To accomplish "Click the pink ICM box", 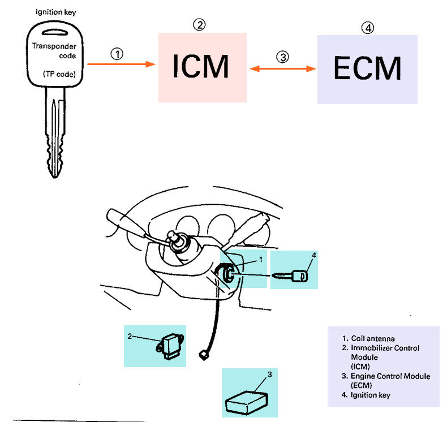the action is point(203,67).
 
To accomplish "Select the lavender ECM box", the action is point(367,70).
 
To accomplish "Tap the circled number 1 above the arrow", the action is point(117,54).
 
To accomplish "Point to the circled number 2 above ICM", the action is point(199,24).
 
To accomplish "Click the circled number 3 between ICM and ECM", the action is point(282,57).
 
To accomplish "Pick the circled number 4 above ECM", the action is point(368,28).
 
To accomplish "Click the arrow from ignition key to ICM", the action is point(122,64).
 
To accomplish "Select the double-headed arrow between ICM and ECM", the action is point(283,68).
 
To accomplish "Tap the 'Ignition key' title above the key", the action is point(56,12).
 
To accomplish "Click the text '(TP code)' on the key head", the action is point(59,74).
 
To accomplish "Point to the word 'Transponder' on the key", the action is point(54,46).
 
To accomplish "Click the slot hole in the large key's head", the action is point(55,32).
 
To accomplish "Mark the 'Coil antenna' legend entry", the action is point(368,338).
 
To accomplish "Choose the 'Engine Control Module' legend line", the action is point(386,376).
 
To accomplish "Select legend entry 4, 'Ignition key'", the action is point(366,395).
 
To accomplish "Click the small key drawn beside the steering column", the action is point(290,276).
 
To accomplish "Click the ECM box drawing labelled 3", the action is point(246,403).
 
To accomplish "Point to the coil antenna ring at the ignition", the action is point(225,273).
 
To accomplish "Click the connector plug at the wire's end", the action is point(203,355).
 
